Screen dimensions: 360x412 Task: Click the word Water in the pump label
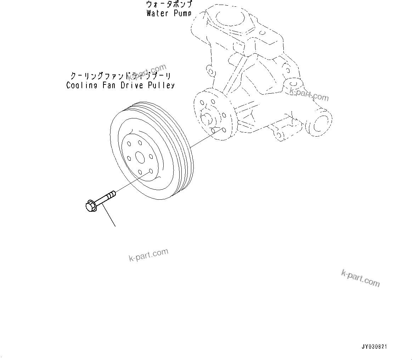point(158,13)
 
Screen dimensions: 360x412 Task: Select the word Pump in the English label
point(182,13)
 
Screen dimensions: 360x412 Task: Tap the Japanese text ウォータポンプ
point(170,5)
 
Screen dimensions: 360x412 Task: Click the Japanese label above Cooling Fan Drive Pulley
point(121,76)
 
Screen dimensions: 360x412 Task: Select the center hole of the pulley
point(139,158)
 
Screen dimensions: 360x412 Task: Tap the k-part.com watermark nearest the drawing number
point(360,277)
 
